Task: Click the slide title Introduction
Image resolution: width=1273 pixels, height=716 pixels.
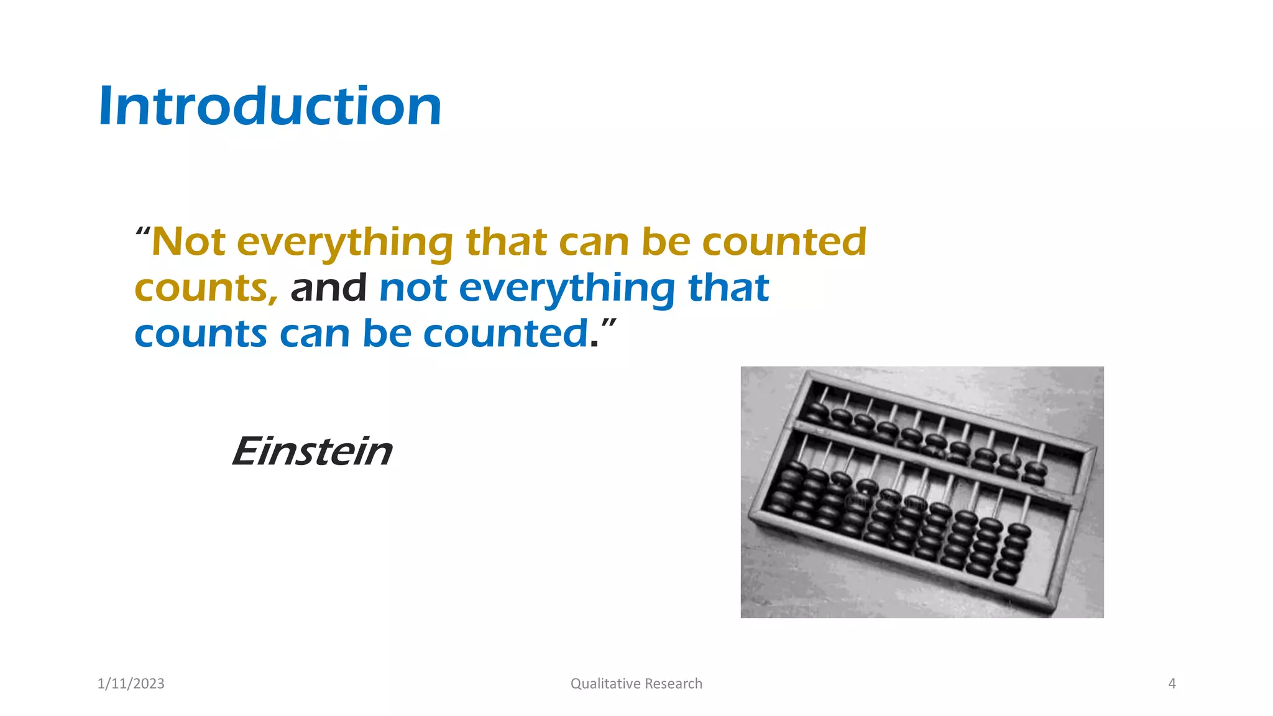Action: coord(270,106)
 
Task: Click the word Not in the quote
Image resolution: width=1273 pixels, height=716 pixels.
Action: coord(188,242)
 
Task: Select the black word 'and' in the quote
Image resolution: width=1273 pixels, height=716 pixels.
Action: coord(328,288)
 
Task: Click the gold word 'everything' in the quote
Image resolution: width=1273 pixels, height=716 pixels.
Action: coord(345,243)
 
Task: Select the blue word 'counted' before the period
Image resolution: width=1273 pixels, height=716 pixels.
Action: coord(505,334)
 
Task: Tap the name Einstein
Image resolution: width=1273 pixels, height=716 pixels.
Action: coord(311,451)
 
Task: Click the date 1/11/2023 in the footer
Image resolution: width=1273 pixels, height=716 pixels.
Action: coord(131,684)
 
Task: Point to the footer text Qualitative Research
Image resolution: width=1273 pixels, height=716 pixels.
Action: coord(636,684)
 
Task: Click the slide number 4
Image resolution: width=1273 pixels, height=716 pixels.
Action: coord(1172,684)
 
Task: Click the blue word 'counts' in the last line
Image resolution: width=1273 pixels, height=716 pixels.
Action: coord(200,334)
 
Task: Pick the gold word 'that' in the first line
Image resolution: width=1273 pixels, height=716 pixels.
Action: coord(506,242)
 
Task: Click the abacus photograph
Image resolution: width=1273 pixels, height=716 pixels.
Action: coord(922,492)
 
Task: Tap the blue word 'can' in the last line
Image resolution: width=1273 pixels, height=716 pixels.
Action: coord(315,334)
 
